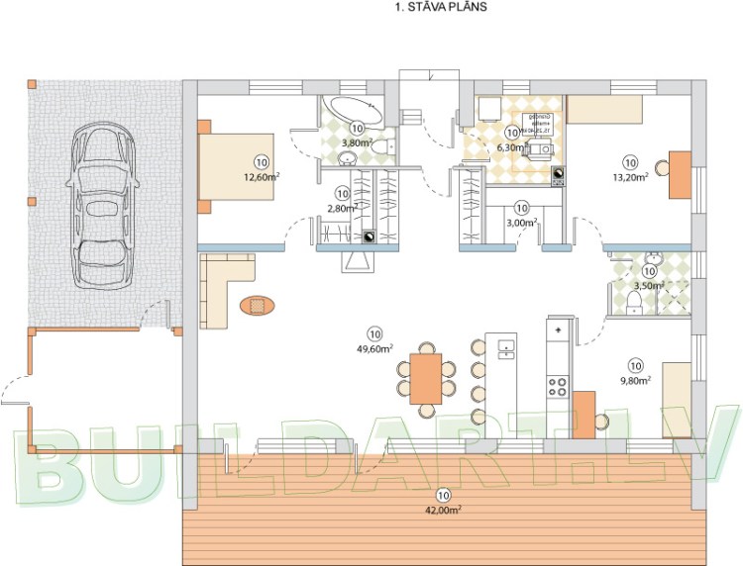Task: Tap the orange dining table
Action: point(427,377)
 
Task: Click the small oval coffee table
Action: point(257,307)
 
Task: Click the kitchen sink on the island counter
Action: point(506,347)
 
